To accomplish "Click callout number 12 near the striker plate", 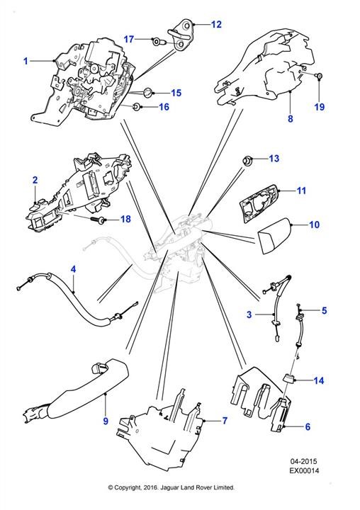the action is [216, 24].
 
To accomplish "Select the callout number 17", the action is [129, 39].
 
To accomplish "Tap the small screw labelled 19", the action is [320, 76].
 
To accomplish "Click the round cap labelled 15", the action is [148, 92].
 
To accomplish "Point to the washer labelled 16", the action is [137, 106].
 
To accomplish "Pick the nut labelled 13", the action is [248, 160].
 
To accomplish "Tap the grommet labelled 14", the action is [288, 378].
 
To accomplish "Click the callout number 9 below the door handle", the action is [106, 421].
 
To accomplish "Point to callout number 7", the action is [225, 421].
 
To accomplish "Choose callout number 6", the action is [308, 426].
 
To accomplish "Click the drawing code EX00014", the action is [305, 470].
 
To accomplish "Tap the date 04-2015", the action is [304, 461].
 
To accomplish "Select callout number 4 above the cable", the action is [73, 269].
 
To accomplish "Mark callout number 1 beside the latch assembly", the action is [26, 61].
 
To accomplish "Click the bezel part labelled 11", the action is [259, 203].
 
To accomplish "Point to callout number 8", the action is [291, 118].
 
